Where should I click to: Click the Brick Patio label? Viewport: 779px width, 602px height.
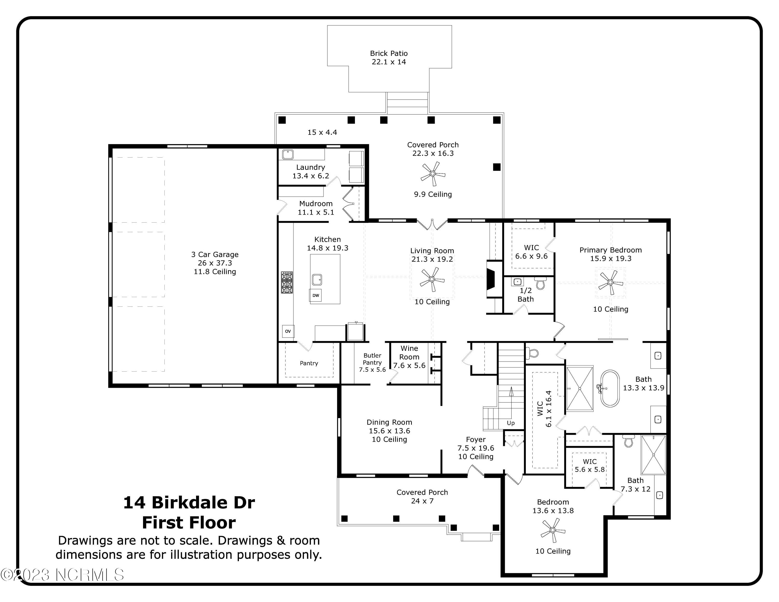389,53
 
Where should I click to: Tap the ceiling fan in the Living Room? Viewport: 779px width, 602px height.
432,280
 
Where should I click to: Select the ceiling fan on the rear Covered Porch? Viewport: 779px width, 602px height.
433,174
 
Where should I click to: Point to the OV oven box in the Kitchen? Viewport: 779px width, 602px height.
288,331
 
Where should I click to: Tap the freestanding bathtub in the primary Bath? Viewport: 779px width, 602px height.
610,389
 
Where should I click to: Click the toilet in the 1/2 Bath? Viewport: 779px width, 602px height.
541,284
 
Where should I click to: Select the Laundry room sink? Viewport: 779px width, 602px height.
287,155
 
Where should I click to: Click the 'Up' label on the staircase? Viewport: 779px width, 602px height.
511,423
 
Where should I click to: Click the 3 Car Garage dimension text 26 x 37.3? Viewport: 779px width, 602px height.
215,263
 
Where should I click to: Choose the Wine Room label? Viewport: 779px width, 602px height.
409,352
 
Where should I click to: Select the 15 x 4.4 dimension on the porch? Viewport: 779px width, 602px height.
322,132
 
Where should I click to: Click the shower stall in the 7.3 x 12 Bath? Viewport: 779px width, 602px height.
653,455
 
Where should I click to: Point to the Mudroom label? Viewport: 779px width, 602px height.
316,204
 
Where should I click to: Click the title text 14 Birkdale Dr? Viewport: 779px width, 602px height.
189,503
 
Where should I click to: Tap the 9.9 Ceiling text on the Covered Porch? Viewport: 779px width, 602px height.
433,194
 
